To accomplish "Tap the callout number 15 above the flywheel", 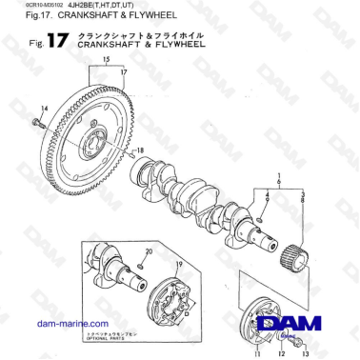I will coord(92,59).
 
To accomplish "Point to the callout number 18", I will coord(141,150).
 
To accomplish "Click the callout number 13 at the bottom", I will coord(306,354).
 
